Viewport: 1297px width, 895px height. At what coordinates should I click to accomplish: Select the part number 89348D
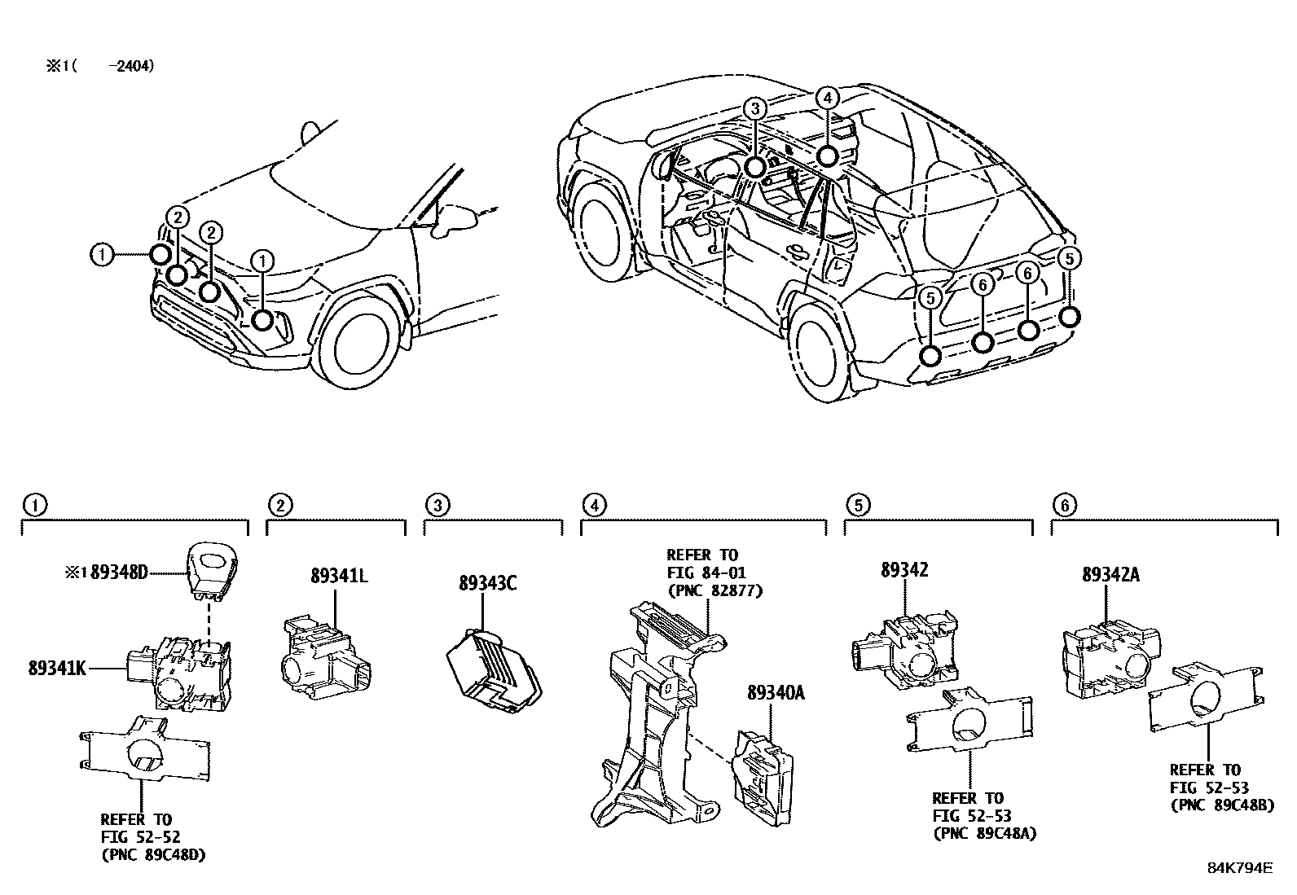point(119,573)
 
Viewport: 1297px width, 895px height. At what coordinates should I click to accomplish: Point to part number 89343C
point(487,583)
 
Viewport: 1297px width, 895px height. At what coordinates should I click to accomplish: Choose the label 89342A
point(1110,575)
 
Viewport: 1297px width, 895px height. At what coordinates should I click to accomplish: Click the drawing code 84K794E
point(1239,867)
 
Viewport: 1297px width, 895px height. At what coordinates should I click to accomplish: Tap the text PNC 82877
point(714,590)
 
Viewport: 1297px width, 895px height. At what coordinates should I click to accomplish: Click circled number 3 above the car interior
point(755,108)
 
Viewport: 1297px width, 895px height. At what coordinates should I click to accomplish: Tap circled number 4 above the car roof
point(826,99)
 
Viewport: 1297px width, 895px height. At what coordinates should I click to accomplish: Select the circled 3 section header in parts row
point(437,505)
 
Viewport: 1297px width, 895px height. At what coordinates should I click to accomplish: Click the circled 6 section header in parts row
point(1064,505)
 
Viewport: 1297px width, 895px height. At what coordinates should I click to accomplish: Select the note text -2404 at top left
point(130,66)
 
